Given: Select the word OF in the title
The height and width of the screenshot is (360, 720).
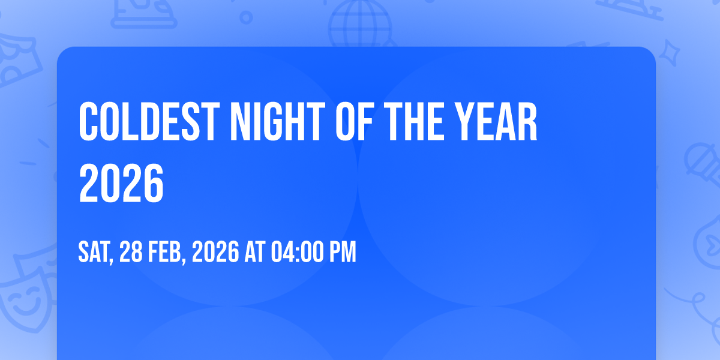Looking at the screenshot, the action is click(354, 121).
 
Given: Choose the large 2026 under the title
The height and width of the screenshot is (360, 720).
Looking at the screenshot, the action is click(121, 183).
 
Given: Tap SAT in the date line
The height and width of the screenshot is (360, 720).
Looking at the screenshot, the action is click(95, 253).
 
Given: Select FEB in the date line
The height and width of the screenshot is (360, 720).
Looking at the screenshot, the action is click(167, 253).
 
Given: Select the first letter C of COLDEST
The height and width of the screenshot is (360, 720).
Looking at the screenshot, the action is click(88, 121).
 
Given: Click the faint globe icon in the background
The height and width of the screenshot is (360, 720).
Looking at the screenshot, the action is click(360, 23).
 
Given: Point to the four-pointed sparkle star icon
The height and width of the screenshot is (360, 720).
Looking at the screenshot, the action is click(670, 53).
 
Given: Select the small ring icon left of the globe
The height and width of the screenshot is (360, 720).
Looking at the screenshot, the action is click(246, 17).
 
